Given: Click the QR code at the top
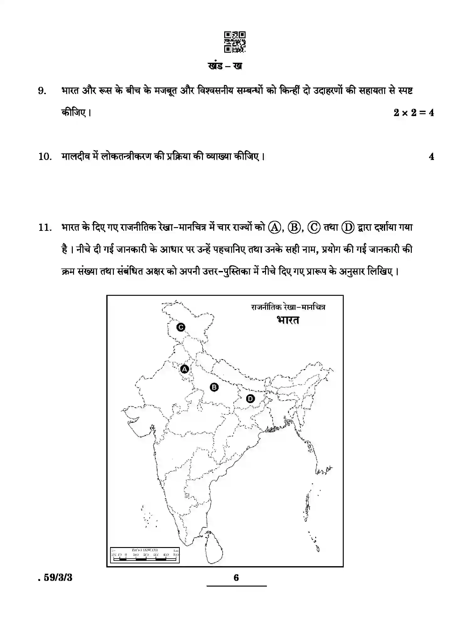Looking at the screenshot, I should click(235, 42).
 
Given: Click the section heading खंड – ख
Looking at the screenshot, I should click(225, 66).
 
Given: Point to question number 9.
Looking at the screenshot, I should click(42, 91).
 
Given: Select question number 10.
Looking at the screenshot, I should click(45, 156).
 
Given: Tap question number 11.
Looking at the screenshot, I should click(45, 227).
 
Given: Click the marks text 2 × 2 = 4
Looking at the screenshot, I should click(414, 113).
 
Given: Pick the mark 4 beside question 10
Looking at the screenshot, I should click(432, 157).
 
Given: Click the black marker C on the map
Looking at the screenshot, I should click(181, 327).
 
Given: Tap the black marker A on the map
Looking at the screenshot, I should click(184, 369).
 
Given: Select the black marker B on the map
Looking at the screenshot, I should click(214, 387).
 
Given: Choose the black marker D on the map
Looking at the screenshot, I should click(250, 399).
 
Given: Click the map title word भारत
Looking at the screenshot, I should click(288, 320).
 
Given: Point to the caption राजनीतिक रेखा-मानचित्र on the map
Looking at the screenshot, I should click(288, 307).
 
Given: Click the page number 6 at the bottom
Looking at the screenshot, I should click(236, 577).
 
